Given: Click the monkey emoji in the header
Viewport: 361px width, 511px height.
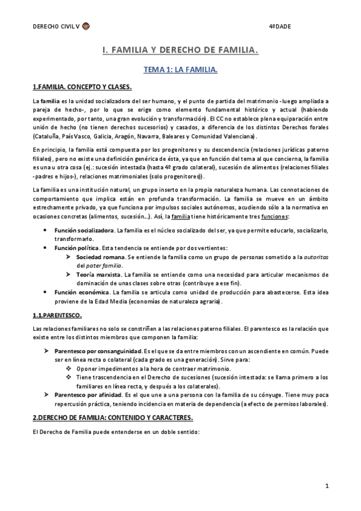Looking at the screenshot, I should tap(87, 27).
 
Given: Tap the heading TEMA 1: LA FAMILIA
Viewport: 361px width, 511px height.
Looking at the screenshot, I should tap(180, 71).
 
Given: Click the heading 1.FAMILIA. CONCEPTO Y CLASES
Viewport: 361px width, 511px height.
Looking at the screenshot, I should tap(86, 87).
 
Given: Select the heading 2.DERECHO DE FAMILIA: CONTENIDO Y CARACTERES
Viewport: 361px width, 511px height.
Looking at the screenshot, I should tap(113, 400).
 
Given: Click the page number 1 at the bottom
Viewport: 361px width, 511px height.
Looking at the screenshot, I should tap(326, 486).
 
